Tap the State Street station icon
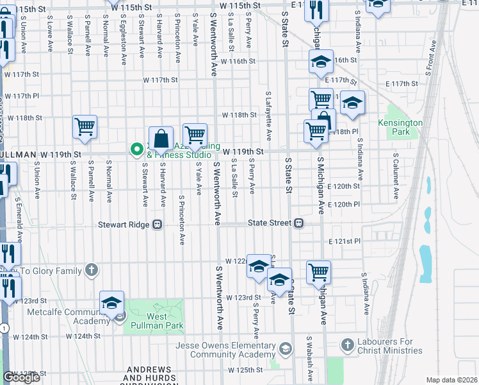tap(298, 223)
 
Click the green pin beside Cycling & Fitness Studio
tap(136, 150)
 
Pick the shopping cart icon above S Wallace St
tap(85, 127)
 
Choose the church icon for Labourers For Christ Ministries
tap(348, 344)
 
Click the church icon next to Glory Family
tap(92, 269)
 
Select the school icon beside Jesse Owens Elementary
tap(285, 349)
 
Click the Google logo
tap(22, 377)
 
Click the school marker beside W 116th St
tap(321, 62)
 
